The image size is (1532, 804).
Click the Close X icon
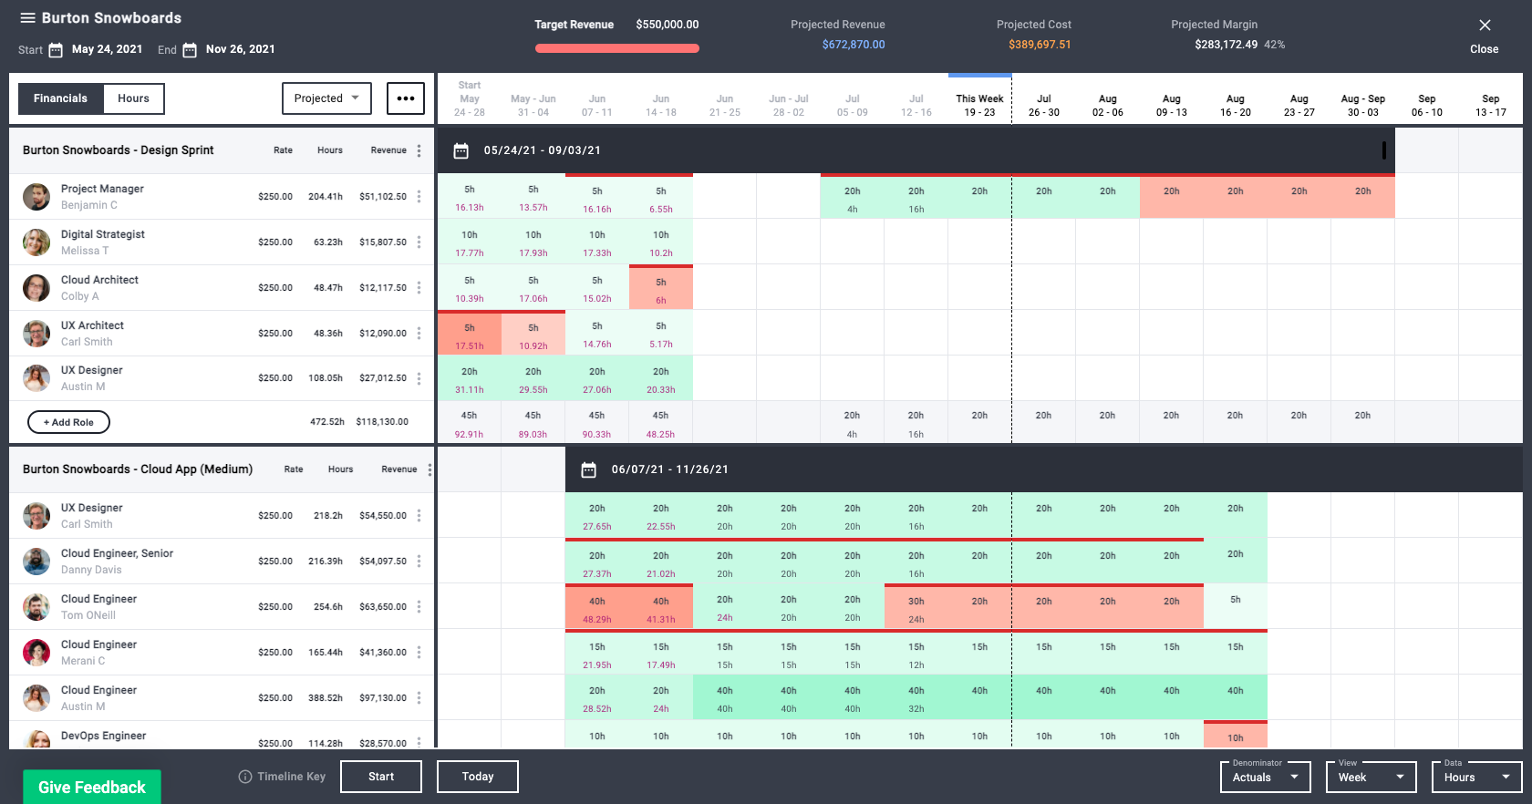pyautogui.click(x=1485, y=26)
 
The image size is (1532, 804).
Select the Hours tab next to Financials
pyautogui.click(x=133, y=98)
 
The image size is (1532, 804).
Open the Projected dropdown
pyautogui.click(x=326, y=98)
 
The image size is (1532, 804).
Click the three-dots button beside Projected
pyautogui.click(x=406, y=98)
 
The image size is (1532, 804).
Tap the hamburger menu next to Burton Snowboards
pyautogui.click(x=27, y=18)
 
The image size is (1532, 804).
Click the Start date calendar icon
pyautogui.click(x=56, y=50)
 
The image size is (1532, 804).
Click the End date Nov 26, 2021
pyautogui.click(x=240, y=49)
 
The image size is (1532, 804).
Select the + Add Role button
pyautogui.click(x=69, y=422)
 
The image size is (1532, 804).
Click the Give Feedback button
pyautogui.click(x=92, y=787)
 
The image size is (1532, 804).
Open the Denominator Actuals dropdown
pyautogui.click(x=1265, y=778)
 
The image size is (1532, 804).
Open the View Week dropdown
pyautogui.click(x=1371, y=778)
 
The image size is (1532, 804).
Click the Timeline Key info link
pyautogui.click(x=282, y=777)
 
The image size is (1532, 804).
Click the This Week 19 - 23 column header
pyautogui.click(x=979, y=105)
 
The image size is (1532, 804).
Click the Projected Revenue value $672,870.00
pyautogui.click(x=853, y=45)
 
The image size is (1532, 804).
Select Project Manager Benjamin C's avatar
pyautogui.click(x=36, y=197)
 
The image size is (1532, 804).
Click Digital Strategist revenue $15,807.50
pyautogui.click(x=383, y=242)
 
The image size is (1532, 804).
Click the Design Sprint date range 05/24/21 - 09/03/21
pyautogui.click(x=542, y=150)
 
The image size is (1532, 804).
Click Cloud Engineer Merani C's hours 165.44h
pyautogui.click(x=326, y=653)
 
